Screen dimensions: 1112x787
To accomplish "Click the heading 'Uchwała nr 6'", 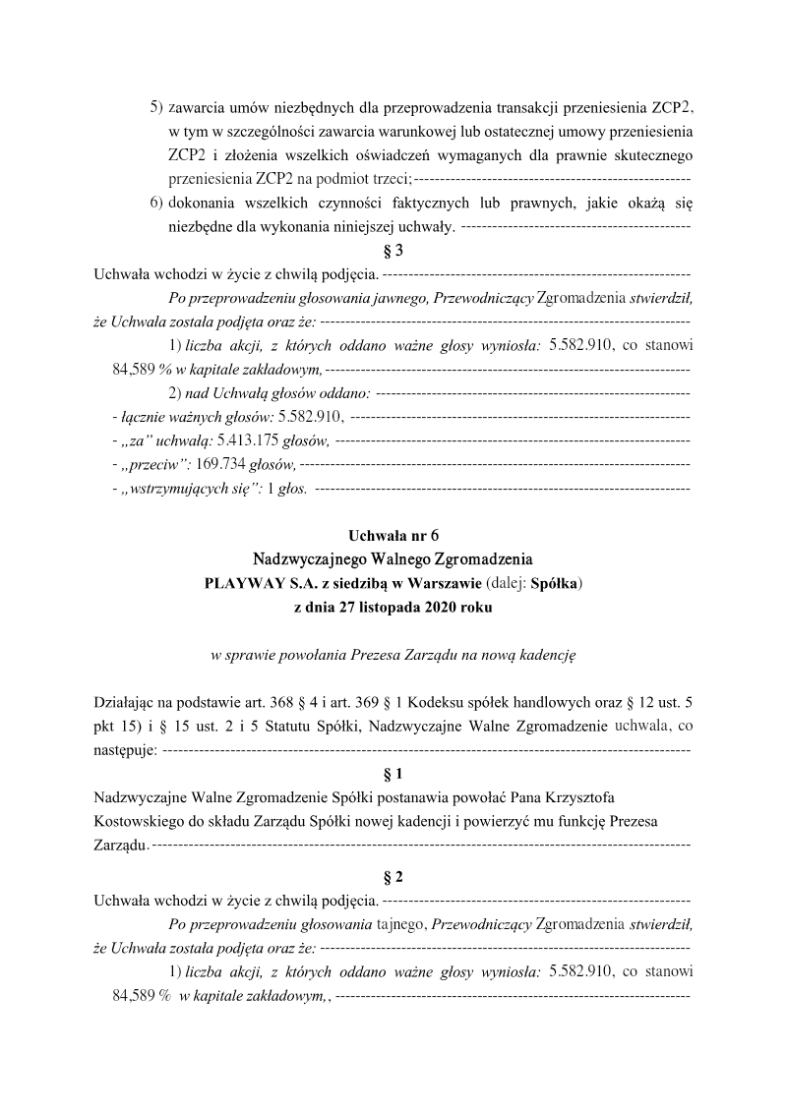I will pos(393,536).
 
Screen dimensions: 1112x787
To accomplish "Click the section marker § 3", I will pos(393,251).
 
